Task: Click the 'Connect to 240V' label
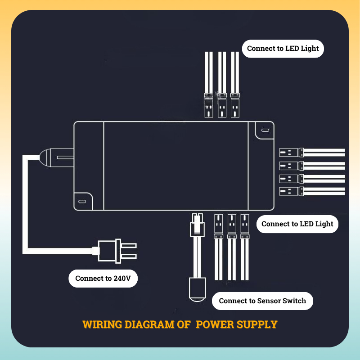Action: pyautogui.click(x=103, y=278)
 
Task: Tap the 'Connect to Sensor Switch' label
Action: pyautogui.click(x=262, y=301)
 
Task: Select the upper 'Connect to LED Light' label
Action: pyautogui.click(x=283, y=49)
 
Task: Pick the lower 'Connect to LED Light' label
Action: pyautogui.click(x=297, y=224)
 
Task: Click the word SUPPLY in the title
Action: pyautogui.click(x=257, y=324)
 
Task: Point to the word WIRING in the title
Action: pyautogui.click(x=102, y=324)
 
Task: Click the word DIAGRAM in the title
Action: pyautogui.click(x=149, y=324)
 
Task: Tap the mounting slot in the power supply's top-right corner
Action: pyautogui.click(x=265, y=130)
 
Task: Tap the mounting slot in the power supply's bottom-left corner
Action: pyautogui.click(x=82, y=201)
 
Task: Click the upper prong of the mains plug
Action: pyautogui.click(x=129, y=245)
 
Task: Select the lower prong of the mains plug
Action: pyautogui.click(x=129, y=256)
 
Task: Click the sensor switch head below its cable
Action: pyautogui.click(x=198, y=289)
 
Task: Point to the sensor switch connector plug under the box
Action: pyautogui.click(x=197, y=225)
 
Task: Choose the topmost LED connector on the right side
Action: pyautogui.click(x=291, y=153)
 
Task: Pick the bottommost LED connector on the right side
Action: pyautogui.click(x=291, y=191)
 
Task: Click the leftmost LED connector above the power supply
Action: pyautogui.click(x=209, y=105)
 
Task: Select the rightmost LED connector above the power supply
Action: pyautogui.click(x=235, y=105)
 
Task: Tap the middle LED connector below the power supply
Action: pyautogui.click(x=232, y=226)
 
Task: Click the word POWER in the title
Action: pyautogui.click(x=215, y=324)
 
